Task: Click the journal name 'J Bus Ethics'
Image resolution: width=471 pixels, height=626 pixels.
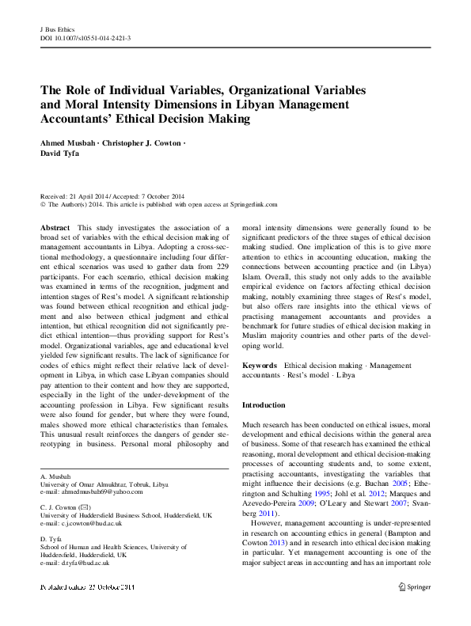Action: pyautogui.click(x=56, y=29)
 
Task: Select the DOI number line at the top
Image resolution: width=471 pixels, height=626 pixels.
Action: pyautogui.click(x=85, y=38)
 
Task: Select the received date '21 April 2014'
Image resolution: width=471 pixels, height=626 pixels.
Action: pyautogui.click(x=88, y=195)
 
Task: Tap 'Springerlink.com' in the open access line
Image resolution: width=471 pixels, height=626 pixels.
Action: pyautogui.click(x=250, y=203)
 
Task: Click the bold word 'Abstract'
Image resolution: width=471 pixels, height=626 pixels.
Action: pyautogui.click(x=54, y=226)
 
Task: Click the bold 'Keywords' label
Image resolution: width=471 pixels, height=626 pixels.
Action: pyautogui.click(x=259, y=365)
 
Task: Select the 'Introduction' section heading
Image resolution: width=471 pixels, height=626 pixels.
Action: pyautogui.click(x=264, y=405)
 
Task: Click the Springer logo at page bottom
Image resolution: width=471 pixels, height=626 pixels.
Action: pyautogui.click(x=413, y=586)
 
